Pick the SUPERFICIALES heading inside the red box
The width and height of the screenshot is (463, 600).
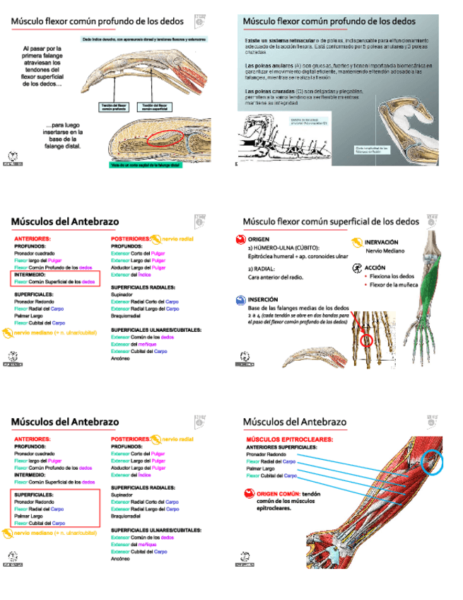[35, 495]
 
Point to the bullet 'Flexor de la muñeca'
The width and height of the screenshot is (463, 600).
[393, 284]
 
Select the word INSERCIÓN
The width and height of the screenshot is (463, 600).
[263, 299]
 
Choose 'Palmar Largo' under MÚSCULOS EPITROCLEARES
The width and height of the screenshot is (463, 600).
[261, 468]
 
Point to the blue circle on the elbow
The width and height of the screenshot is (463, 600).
[433, 463]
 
